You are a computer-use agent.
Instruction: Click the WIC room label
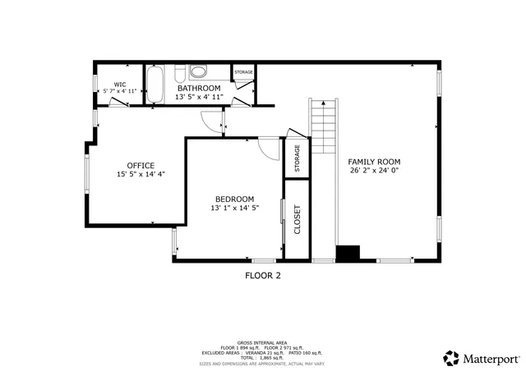(x=119, y=84)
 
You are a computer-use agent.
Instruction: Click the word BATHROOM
(x=198, y=88)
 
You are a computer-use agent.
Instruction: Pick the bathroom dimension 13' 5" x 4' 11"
(x=198, y=97)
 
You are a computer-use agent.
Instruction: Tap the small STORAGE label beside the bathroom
(x=243, y=72)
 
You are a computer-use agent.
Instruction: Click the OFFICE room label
(x=141, y=166)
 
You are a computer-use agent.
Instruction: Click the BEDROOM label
(x=234, y=199)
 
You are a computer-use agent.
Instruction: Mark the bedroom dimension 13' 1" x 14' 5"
(x=234, y=208)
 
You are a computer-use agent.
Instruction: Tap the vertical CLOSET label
(x=297, y=218)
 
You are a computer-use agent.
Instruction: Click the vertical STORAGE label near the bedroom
(x=297, y=158)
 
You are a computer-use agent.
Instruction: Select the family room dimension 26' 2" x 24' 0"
(x=378, y=171)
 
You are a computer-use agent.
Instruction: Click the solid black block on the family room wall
(x=348, y=253)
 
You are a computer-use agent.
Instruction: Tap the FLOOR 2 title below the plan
(x=263, y=276)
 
